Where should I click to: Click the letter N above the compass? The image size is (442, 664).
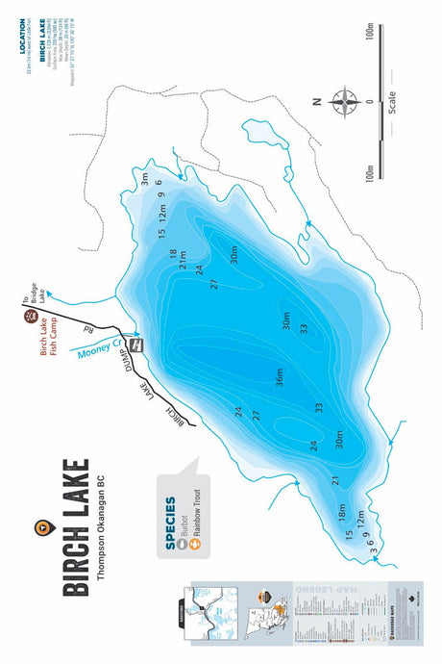tap(315, 100)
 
